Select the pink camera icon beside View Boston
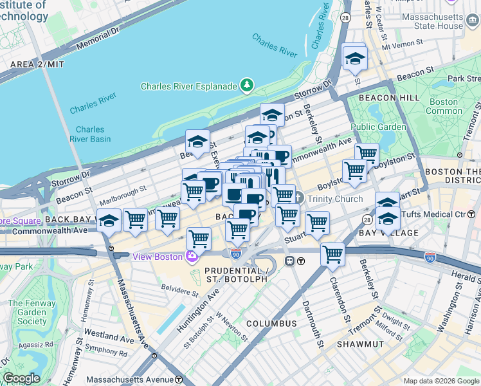click(192, 257)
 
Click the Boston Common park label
click(444, 106)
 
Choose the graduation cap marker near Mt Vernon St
click(354, 59)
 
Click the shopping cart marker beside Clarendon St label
click(332, 253)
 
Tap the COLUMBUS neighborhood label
click(271, 323)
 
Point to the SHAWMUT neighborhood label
click(360, 344)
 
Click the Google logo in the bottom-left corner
click(21, 378)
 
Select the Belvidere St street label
click(180, 289)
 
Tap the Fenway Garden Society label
click(27, 312)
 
